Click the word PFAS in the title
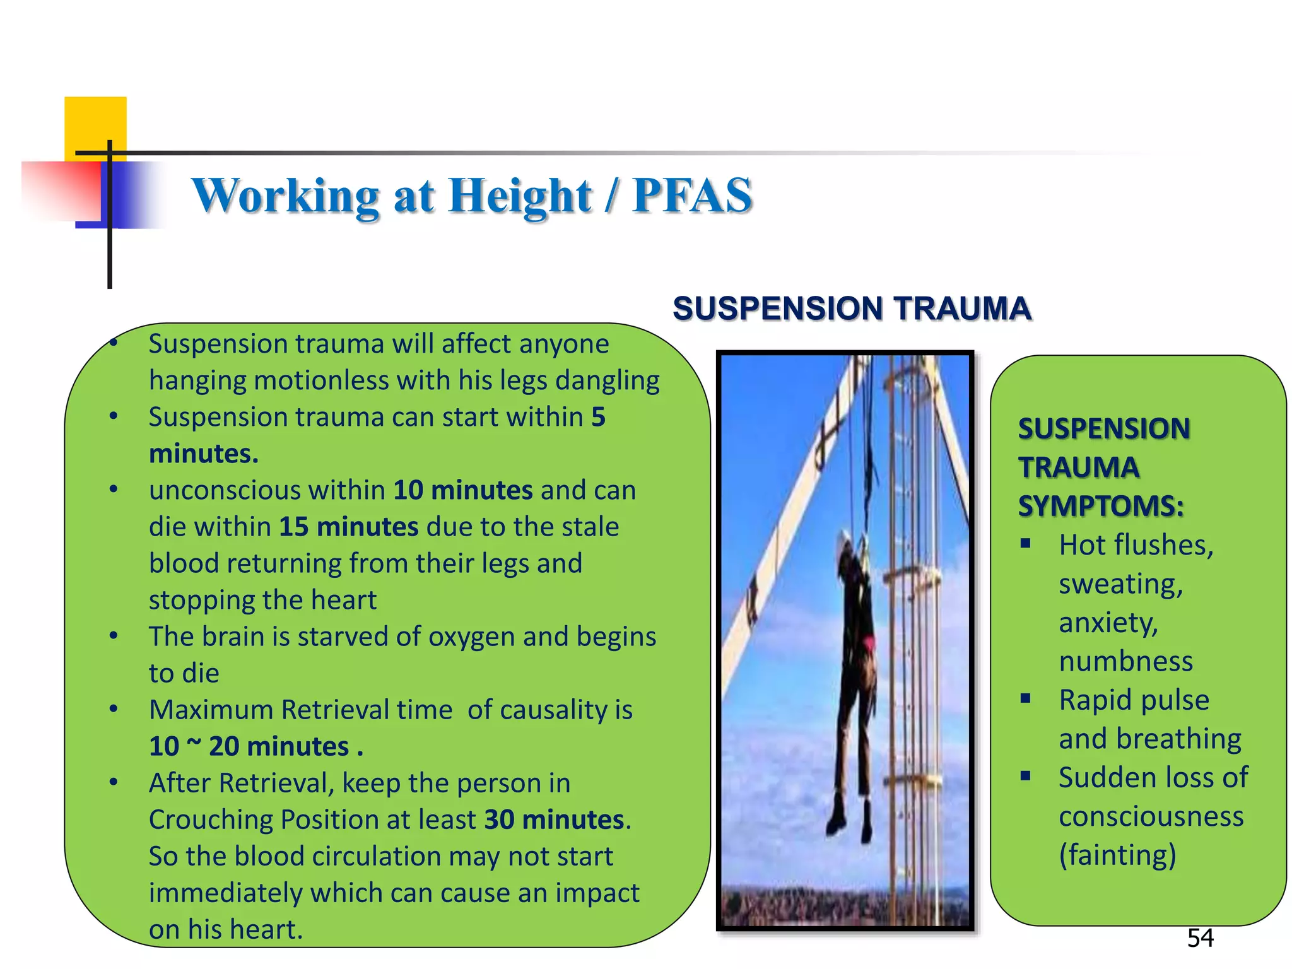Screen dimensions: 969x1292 692,196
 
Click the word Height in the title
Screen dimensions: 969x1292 520,196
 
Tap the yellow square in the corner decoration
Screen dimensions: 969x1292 95,123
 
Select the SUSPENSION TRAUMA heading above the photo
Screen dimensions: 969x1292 852,308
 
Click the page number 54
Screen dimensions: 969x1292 1200,938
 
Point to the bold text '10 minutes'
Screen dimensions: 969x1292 462,490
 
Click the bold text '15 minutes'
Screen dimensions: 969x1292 348,527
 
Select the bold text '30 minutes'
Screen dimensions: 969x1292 554,819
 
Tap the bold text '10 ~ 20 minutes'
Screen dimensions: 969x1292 249,746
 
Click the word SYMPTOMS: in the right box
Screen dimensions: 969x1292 1101,506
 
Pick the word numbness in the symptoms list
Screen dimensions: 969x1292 1125,661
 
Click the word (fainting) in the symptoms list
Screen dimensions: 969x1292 1117,855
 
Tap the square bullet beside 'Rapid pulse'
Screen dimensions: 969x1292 1026,698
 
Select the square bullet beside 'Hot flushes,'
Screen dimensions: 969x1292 1026,543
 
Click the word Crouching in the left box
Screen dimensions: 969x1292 210,819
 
